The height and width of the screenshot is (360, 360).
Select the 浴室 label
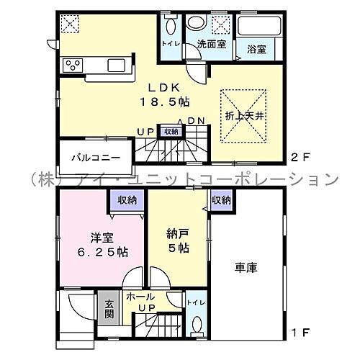(256, 50)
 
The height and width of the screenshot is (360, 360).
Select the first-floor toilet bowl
(195, 324)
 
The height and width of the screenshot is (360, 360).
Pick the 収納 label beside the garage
(221, 199)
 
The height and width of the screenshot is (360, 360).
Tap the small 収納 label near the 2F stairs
(171, 131)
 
